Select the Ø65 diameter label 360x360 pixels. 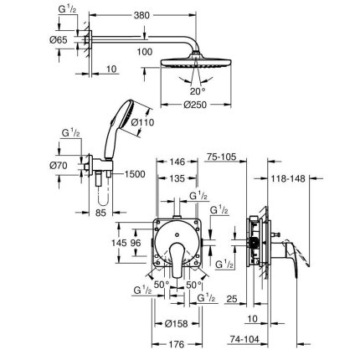pos(58,39)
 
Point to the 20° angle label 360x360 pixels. pos(197,92)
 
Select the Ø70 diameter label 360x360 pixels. pos(58,166)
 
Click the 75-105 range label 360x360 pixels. pos(221,157)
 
